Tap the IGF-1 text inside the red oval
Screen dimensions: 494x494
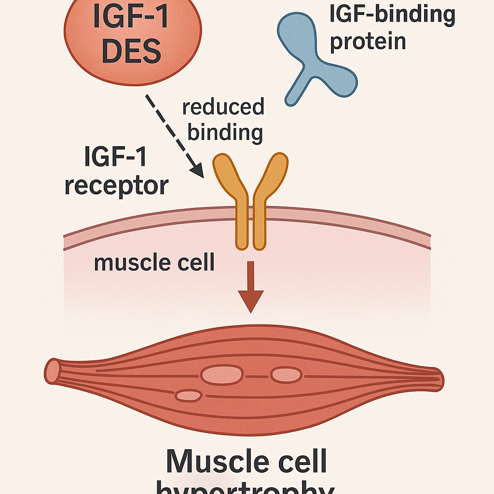(131, 15)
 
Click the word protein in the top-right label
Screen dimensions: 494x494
(368, 42)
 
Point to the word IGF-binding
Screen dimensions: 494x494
(392, 14)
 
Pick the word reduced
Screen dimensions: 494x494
(223, 107)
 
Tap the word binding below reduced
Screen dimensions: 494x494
(225, 132)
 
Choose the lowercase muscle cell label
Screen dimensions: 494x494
(154, 263)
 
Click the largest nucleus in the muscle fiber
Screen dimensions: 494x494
(222, 375)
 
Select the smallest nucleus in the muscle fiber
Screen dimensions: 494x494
(189, 396)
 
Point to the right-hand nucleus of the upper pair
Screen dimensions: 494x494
(286, 375)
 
